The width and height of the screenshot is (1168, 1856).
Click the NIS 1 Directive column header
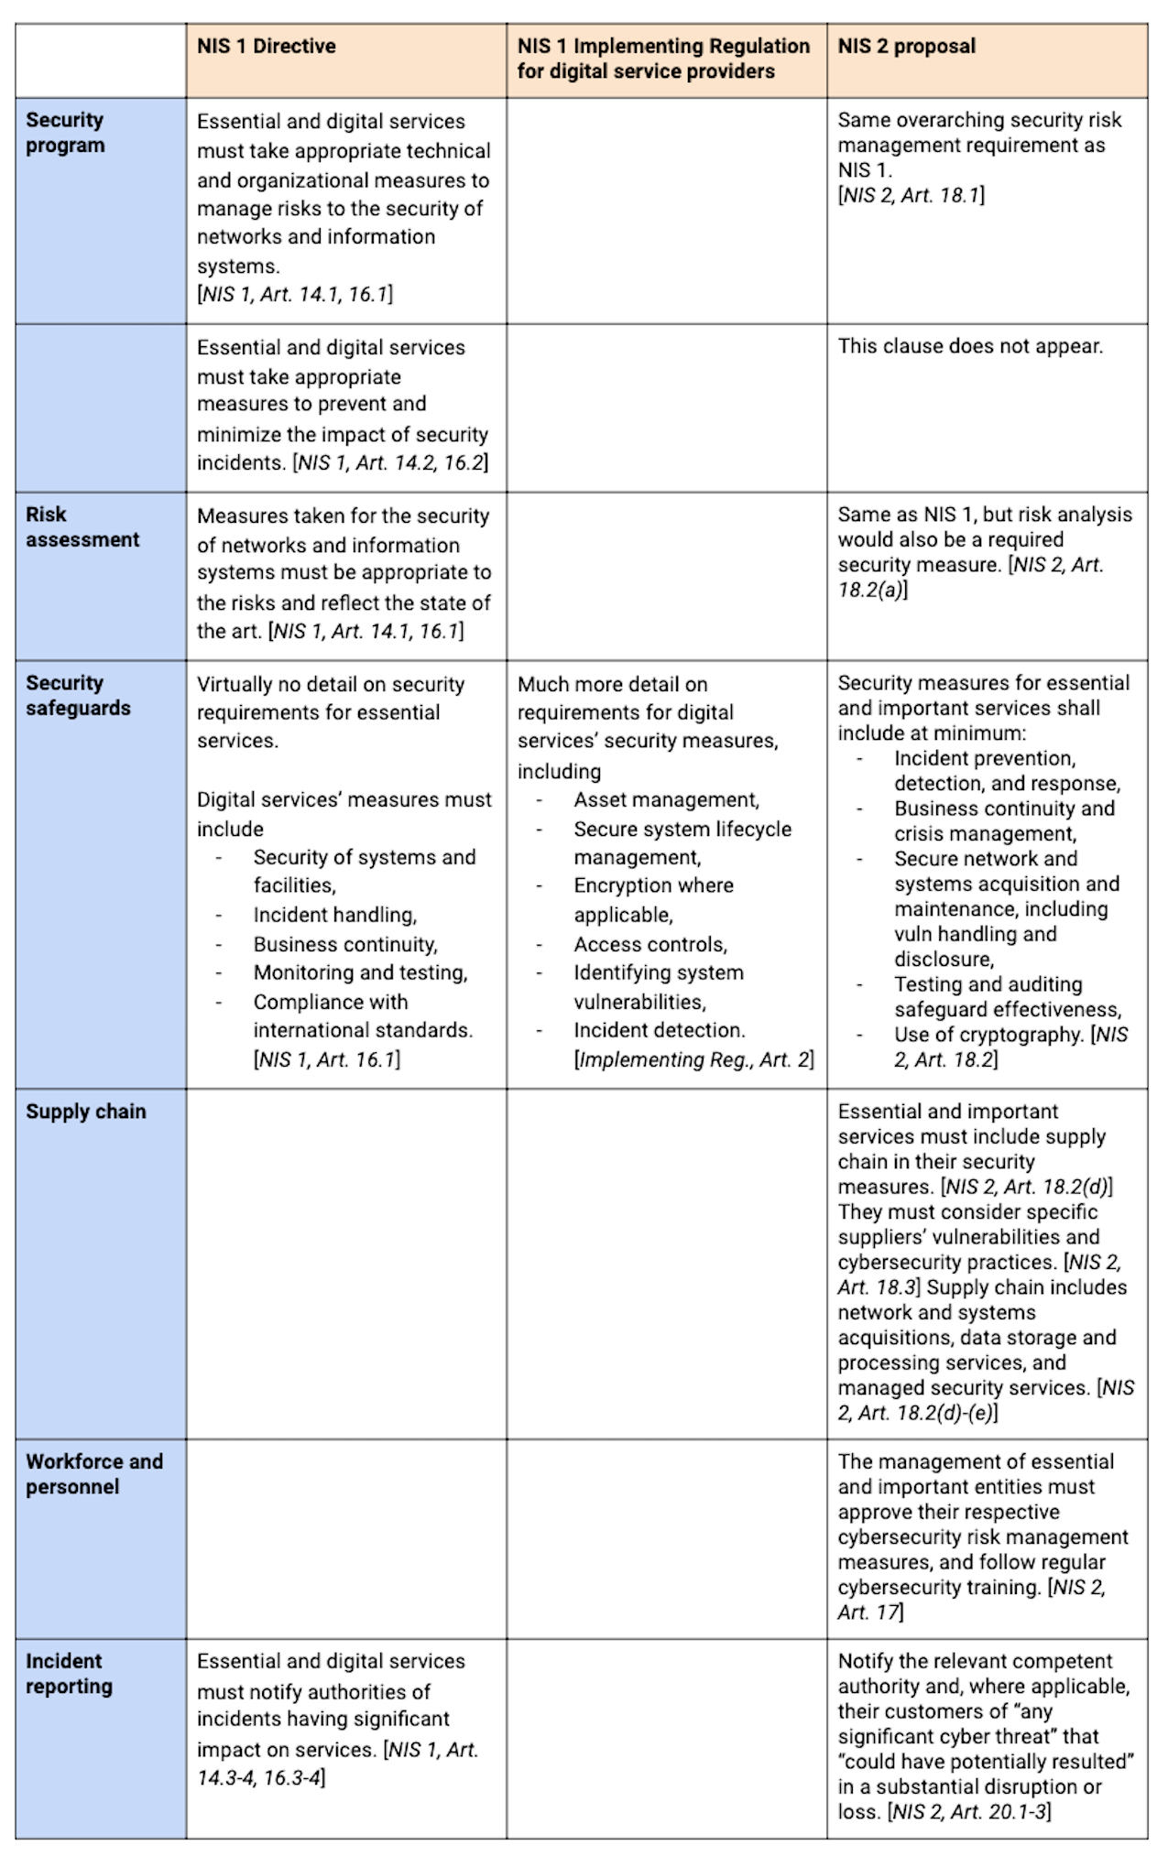tap(267, 46)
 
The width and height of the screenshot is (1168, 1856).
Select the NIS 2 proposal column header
tap(906, 46)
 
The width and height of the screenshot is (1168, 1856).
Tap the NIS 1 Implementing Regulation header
tap(663, 59)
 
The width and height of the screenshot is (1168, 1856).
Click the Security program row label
tap(65, 133)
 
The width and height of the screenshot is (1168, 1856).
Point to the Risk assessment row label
tap(82, 527)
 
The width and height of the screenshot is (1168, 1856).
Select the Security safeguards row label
tap(78, 696)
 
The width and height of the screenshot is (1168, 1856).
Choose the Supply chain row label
tap(86, 1112)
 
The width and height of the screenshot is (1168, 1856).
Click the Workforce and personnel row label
tap(94, 1474)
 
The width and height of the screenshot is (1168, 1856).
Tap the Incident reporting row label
tap(69, 1674)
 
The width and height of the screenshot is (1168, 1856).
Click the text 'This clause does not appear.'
tap(970, 347)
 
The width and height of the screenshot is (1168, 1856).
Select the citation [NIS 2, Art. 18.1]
tap(911, 195)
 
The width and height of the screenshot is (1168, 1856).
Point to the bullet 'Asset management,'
tap(666, 800)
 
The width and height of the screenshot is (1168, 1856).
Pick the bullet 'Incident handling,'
tap(335, 915)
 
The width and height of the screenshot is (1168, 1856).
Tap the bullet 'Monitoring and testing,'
tap(360, 972)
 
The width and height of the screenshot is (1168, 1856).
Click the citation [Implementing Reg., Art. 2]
tap(693, 1060)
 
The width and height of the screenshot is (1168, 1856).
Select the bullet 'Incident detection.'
tap(660, 1030)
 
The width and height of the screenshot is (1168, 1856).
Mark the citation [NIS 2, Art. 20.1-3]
tap(969, 1811)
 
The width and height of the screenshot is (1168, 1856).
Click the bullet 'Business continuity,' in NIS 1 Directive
tap(345, 944)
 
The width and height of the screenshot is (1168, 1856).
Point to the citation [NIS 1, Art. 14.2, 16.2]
tap(390, 463)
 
